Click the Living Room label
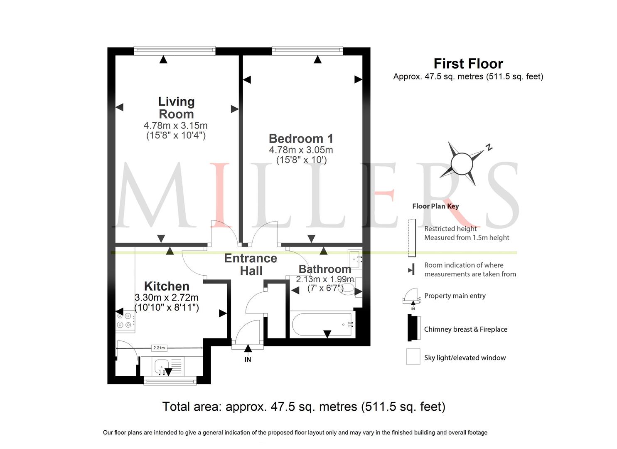(176, 108)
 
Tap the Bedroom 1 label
(301, 138)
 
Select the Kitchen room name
(167, 286)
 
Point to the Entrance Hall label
(251, 264)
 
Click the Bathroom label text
(325, 269)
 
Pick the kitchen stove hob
(125, 321)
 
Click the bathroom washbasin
(355, 259)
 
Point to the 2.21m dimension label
(159, 348)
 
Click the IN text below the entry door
(248, 360)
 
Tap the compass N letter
(489, 148)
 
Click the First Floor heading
(468, 64)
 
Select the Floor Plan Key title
(435, 206)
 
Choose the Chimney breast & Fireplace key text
(465, 329)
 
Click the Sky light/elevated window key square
(413, 357)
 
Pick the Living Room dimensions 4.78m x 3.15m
(175, 126)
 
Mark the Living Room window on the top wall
(175, 50)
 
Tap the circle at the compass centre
(462, 164)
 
